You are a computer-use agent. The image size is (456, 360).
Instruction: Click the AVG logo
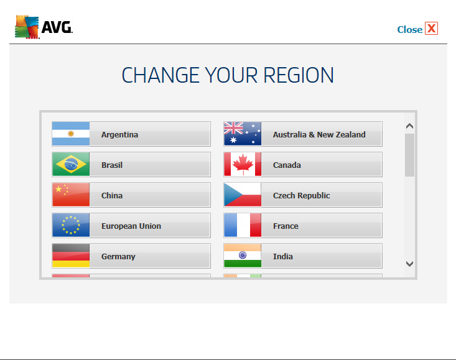tap(44, 27)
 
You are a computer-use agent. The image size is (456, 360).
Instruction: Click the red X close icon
tap(431, 29)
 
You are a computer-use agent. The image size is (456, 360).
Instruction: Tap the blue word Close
tap(409, 30)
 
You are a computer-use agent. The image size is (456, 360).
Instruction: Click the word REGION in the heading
tap(299, 75)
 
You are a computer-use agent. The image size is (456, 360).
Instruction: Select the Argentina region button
tap(131, 134)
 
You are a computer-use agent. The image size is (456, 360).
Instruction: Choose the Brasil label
tap(112, 165)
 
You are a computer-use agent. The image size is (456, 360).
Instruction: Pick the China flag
tap(71, 195)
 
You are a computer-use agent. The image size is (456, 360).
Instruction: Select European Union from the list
tap(131, 226)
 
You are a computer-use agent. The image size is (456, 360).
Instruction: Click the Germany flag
tap(71, 256)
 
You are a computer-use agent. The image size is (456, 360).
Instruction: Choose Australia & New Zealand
tap(303, 134)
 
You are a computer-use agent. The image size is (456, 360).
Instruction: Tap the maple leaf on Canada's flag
tap(243, 164)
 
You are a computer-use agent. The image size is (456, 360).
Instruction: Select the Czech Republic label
tap(301, 196)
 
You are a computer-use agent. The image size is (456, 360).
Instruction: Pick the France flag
tap(243, 225)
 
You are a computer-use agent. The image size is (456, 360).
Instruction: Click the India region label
tap(282, 257)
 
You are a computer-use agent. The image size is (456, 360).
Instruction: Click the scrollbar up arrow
tap(409, 126)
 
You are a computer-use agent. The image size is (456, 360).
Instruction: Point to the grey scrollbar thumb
tap(409, 155)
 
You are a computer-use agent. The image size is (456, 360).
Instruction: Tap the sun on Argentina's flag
tap(71, 134)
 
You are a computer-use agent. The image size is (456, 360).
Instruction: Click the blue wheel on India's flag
tap(243, 255)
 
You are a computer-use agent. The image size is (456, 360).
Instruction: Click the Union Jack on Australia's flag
tap(233, 128)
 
